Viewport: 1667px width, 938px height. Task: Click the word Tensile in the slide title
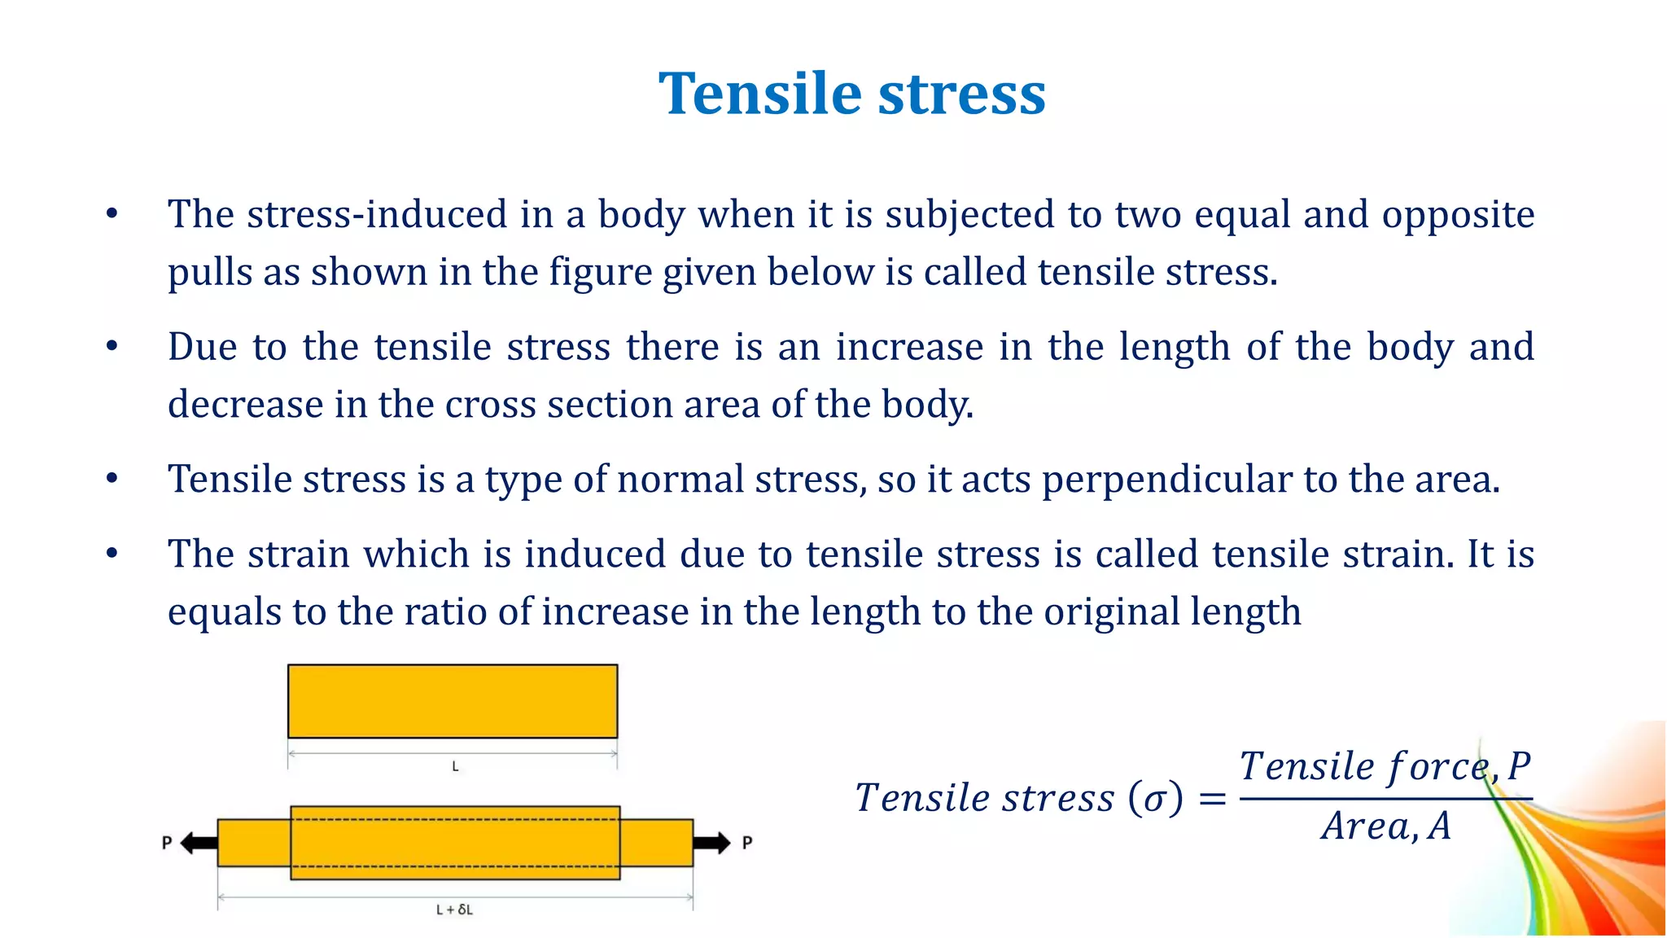coord(760,94)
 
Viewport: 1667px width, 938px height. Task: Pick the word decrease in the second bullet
coord(245,405)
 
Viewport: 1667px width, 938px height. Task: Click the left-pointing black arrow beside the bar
coord(198,843)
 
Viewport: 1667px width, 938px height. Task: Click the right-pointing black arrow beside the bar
coord(712,843)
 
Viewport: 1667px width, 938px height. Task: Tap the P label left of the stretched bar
coord(167,843)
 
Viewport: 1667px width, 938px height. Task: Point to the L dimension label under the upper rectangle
coord(455,766)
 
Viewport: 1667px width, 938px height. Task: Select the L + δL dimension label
coord(454,910)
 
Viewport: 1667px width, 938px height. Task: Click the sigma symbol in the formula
coord(1155,798)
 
